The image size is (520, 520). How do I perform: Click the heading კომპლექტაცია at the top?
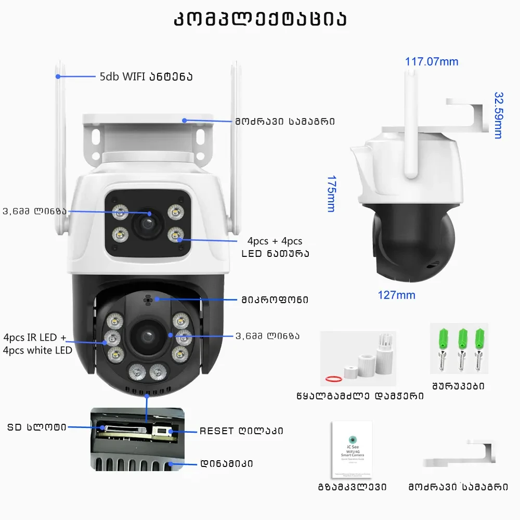(259, 19)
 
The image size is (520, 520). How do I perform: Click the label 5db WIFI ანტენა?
(146, 77)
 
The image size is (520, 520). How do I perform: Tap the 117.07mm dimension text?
(432, 62)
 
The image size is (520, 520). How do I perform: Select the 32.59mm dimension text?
(498, 115)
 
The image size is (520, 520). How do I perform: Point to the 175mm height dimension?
(331, 193)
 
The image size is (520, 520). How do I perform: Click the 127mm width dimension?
(396, 295)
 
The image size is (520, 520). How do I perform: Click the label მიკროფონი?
(274, 300)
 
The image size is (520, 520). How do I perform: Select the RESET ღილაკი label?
(241, 431)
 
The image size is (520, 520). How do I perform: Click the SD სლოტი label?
(36, 427)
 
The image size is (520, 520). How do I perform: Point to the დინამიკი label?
(226, 463)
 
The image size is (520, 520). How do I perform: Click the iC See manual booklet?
(352, 449)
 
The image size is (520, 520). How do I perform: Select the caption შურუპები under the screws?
(458, 386)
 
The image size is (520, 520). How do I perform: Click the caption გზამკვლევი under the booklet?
(352, 487)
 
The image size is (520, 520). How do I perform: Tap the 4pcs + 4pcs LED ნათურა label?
(275, 248)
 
